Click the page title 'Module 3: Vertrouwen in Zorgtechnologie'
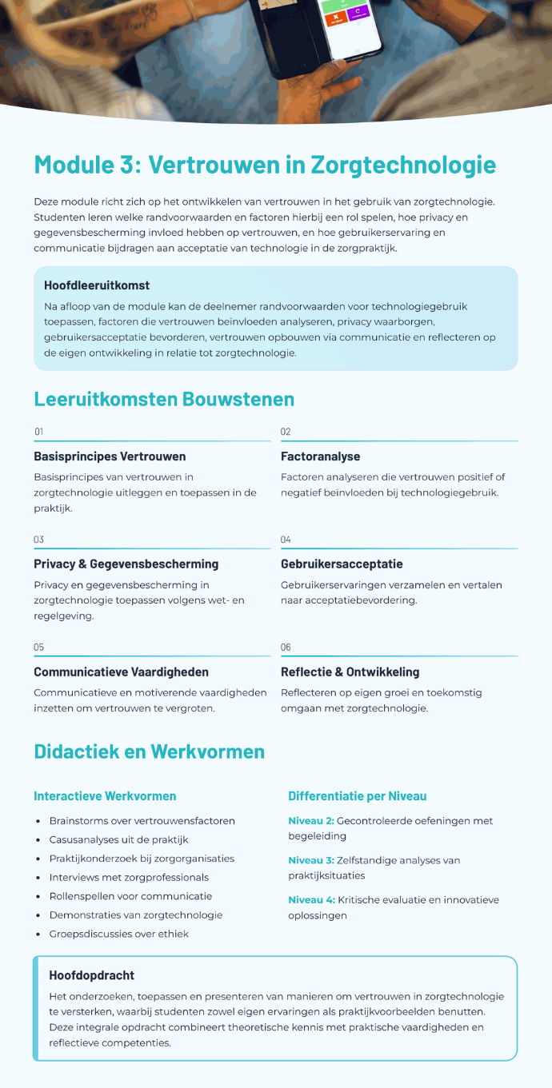coord(265,165)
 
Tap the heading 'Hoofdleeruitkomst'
coord(97,285)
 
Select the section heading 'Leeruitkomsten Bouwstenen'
coord(164,399)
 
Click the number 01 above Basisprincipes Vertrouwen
coord(38,432)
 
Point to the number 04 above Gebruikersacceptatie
coord(286,540)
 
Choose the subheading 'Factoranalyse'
coord(320,456)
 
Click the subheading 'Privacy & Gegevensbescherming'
coord(126,564)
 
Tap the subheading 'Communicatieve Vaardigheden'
coord(120,672)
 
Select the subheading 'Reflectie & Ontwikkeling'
coord(350,672)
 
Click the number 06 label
coord(286,647)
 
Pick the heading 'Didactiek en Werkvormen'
coord(149,751)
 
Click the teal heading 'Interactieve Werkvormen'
coord(105,796)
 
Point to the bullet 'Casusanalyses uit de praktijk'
coord(118,839)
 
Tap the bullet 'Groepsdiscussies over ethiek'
coord(118,934)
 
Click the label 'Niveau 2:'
coord(310,821)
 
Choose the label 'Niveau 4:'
coord(310,900)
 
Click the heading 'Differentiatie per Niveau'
coord(357,796)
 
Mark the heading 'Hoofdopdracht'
coord(91,975)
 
